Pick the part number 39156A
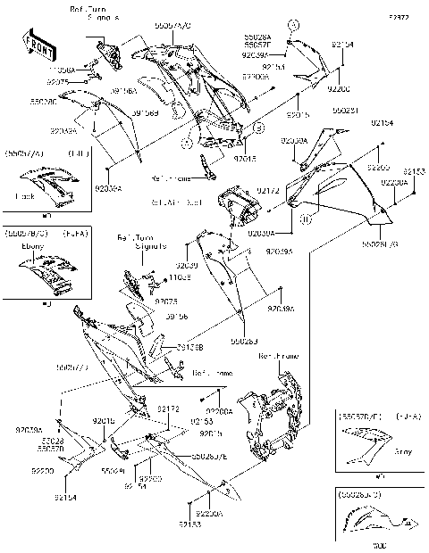(122, 91)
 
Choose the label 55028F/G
(381, 243)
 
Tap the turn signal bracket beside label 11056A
(112, 56)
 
